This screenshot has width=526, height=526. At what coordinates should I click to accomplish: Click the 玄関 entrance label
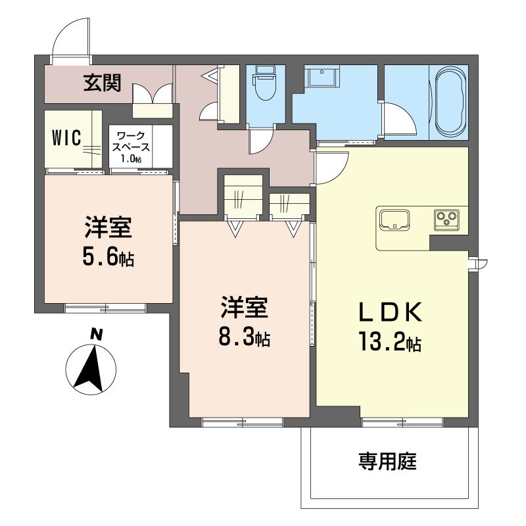(103, 83)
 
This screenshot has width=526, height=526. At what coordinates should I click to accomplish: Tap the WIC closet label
(66, 138)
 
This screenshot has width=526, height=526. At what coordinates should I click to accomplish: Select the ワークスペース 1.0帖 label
(131, 147)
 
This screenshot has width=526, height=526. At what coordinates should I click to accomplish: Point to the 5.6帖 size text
(108, 258)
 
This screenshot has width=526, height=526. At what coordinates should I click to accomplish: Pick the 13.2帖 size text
(391, 341)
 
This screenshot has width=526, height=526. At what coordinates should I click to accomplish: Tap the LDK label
(391, 312)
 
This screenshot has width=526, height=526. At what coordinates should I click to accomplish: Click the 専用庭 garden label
(387, 462)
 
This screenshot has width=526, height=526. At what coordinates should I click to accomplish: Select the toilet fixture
(266, 83)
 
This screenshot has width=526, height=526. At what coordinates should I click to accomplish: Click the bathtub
(450, 102)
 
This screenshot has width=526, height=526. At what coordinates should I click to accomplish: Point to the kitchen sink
(394, 220)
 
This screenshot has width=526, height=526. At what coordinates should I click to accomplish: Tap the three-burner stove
(447, 220)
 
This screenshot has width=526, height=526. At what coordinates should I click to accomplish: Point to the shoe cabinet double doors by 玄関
(153, 94)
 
